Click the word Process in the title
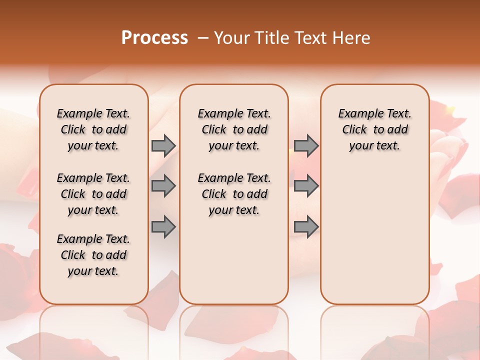[x=154, y=37]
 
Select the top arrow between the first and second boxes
[x=163, y=146]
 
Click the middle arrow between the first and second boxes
[x=163, y=186]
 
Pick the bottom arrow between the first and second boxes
[x=163, y=227]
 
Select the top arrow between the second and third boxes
[x=306, y=146]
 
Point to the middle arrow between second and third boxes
[x=306, y=186]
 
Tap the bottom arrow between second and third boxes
[x=306, y=227]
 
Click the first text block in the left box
[x=93, y=129]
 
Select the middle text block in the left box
[x=93, y=194]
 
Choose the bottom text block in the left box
[x=93, y=255]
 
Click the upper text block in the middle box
[x=234, y=129]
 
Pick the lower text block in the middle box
[x=234, y=194]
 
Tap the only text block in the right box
[x=374, y=129]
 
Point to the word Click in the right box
[x=354, y=130]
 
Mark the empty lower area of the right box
[x=374, y=230]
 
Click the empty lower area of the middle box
[x=234, y=260]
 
